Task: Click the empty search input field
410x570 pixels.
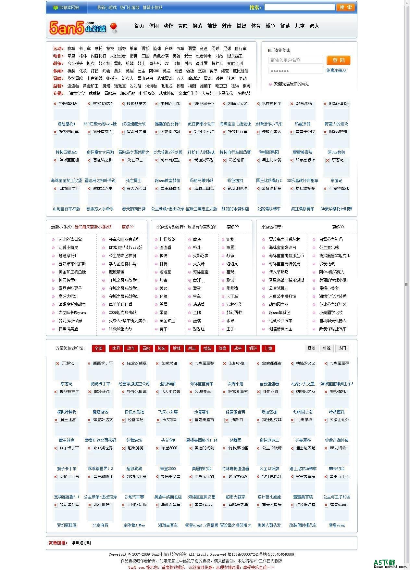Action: click(x=299, y=7)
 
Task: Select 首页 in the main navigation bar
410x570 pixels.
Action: click(x=139, y=26)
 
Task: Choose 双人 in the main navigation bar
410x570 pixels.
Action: click(x=314, y=26)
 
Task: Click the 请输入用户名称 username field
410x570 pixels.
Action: click(x=295, y=60)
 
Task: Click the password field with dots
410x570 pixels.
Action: click(x=295, y=71)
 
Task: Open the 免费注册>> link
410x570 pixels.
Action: click(x=336, y=70)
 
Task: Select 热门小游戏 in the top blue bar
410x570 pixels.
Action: click(x=130, y=7)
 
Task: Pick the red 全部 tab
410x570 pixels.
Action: click(x=98, y=349)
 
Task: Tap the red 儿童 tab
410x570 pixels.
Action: click(x=268, y=349)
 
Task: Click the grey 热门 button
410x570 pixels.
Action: click(x=342, y=349)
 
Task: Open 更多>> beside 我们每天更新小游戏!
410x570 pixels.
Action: click(x=128, y=227)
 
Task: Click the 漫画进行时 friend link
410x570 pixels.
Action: click(x=81, y=543)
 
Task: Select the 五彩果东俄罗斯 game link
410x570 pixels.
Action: click(x=72, y=264)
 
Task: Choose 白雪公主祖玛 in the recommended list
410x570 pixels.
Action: click(x=331, y=239)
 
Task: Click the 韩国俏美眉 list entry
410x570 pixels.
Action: click(x=68, y=329)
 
